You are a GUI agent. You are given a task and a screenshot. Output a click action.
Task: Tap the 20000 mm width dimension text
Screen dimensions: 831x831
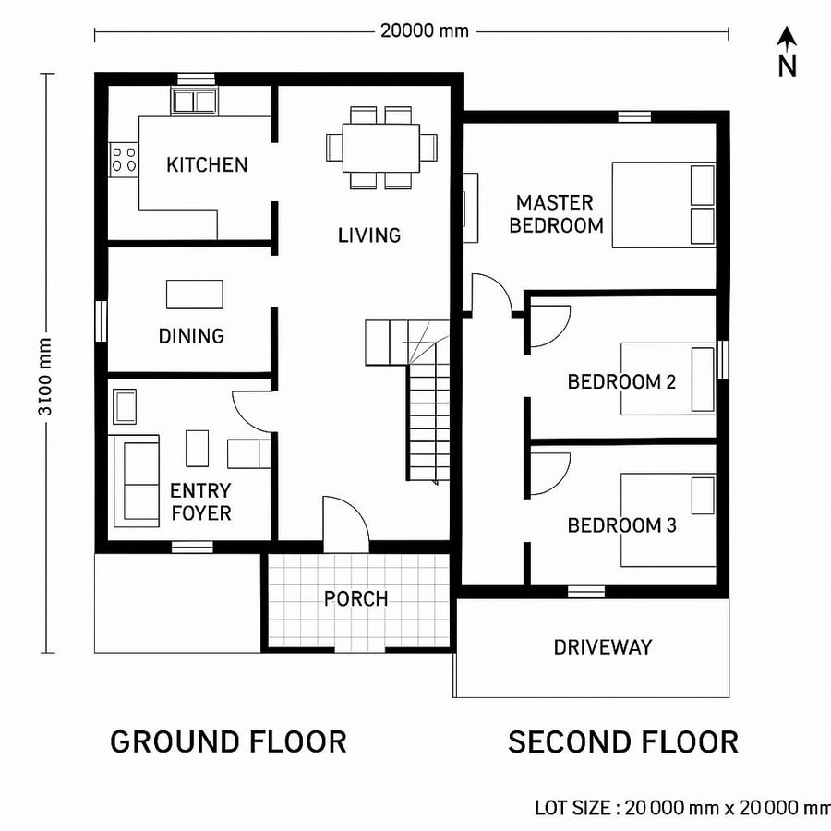[x=425, y=30]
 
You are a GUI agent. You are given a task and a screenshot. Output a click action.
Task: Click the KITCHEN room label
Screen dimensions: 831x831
[x=207, y=165]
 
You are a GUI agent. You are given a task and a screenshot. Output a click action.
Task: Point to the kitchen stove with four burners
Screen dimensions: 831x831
[x=123, y=158]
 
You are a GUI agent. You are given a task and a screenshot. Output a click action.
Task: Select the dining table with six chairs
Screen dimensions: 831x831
[x=381, y=148]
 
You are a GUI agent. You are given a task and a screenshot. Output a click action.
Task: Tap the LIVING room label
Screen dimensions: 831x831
[x=369, y=235]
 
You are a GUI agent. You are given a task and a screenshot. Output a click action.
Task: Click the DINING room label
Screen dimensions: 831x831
[x=191, y=336]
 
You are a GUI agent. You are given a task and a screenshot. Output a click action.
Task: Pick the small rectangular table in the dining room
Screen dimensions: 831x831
[x=194, y=294]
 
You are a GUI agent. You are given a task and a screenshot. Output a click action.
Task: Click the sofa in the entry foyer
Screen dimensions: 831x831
[x=135, y=480]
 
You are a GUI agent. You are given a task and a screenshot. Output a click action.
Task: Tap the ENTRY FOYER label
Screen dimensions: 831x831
[x=200, y=501]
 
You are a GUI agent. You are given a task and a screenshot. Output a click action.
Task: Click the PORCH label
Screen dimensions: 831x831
[x=355, y=599]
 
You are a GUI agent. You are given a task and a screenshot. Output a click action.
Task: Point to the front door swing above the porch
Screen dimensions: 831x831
[x=345, y=523]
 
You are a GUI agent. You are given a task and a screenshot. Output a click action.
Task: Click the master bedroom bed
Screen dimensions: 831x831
[x=664, y=205]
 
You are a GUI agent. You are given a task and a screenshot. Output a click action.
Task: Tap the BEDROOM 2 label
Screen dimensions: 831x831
[x=615, y=381]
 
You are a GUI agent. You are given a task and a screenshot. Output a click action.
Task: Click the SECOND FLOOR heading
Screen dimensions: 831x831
[x=623, y=741]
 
